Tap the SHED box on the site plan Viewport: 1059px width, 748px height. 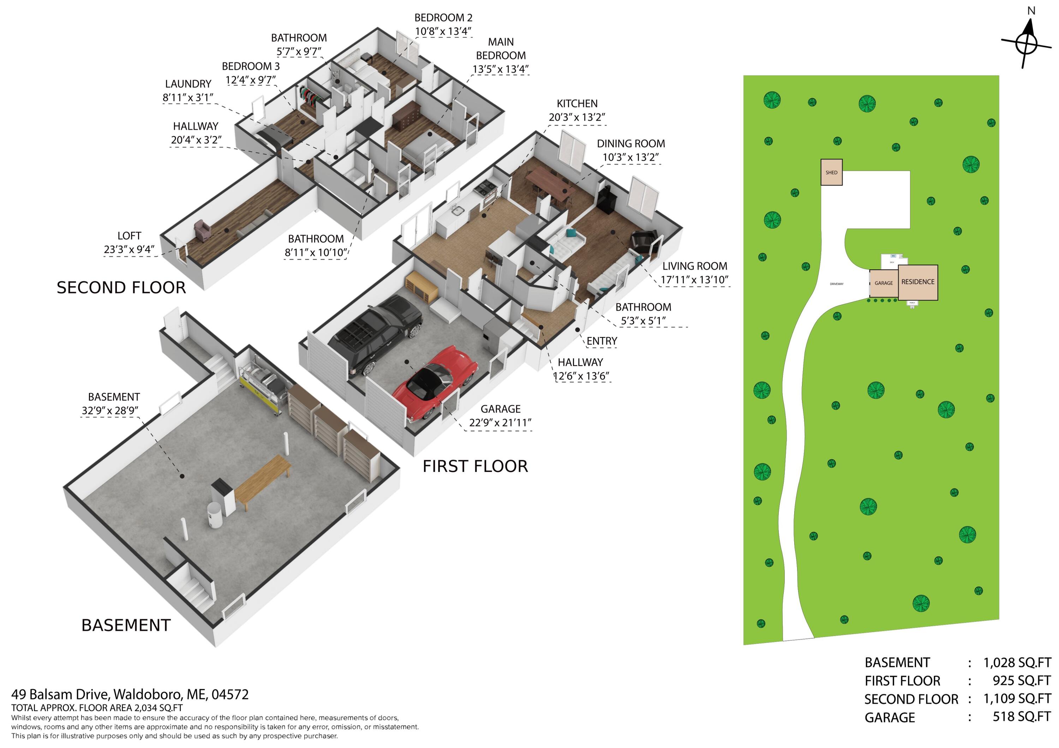coord(831,173)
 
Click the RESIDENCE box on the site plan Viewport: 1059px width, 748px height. coord(917,282)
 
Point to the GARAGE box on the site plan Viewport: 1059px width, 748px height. coord(883,283)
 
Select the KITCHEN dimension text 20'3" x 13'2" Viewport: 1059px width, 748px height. coord(576,118)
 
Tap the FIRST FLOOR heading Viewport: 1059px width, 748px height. coord(475,467)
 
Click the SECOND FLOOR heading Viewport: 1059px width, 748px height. coord(121,288)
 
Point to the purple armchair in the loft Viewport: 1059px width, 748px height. coord(202,230)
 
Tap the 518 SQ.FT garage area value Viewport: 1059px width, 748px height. coord(1021,717)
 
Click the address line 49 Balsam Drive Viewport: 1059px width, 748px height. coord(130,694)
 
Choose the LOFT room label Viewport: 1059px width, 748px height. coord(129,236)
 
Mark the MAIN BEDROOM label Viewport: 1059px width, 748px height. coord(501,49)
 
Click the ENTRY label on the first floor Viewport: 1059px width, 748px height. coord(602,341)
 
